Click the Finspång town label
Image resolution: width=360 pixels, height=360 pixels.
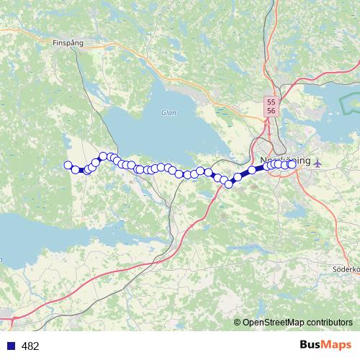pos(68,42)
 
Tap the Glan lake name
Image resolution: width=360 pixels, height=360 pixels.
pos(169,112)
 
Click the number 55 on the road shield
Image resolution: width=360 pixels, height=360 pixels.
pos(271,103)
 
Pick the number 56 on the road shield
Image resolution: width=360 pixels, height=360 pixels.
pos(271,112)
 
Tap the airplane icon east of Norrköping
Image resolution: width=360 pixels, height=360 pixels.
pos(318,161)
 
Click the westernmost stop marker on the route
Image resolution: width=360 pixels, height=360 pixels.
pos(68,166)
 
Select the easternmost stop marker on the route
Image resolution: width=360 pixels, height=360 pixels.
pos(292,164)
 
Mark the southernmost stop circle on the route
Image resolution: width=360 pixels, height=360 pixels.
pos(229,184)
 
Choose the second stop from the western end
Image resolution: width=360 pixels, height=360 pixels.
pos(75,169)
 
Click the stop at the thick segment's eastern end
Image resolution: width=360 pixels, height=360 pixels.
pos(253,170)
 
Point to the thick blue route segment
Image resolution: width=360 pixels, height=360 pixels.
pos(245,174)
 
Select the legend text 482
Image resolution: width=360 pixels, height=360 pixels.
pos(30,346)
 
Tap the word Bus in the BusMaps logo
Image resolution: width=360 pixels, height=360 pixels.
pos(311,346)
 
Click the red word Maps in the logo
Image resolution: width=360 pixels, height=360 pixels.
pos(337,346)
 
